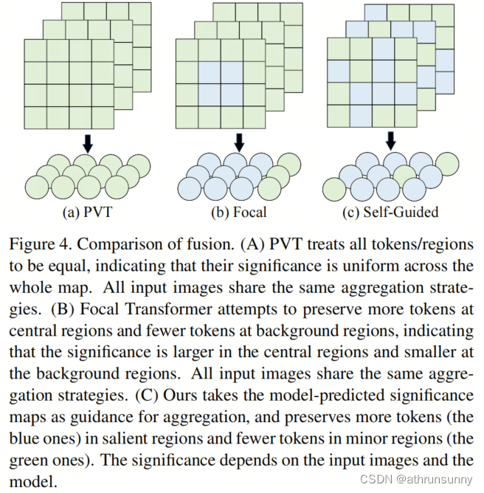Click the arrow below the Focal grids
[x=238, y=141]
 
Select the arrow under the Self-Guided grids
[x=390, y=139]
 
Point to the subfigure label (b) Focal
[x=238, y=213]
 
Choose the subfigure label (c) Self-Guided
[x=391, y=213]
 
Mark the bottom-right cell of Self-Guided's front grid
[x=406, y=116]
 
